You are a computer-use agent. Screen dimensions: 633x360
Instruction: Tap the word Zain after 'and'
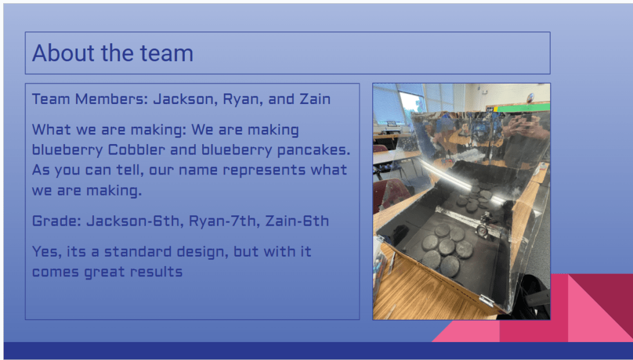click(x=315, y=99)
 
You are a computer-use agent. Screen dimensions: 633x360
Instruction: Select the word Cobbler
click(x=137, y=150)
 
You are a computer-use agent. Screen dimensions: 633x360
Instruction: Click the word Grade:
click(x=57, y=221)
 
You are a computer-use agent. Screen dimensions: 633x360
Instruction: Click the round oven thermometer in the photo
click(x=482, y=231)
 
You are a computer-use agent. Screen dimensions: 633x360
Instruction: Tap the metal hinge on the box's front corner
click(x=486, y=300)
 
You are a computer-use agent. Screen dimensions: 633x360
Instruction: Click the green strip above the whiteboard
click(x=523, y=108)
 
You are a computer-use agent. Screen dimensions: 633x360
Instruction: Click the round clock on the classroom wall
click(x=530, y=97)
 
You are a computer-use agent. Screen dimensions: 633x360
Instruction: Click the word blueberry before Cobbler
click(x=67, y=150)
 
